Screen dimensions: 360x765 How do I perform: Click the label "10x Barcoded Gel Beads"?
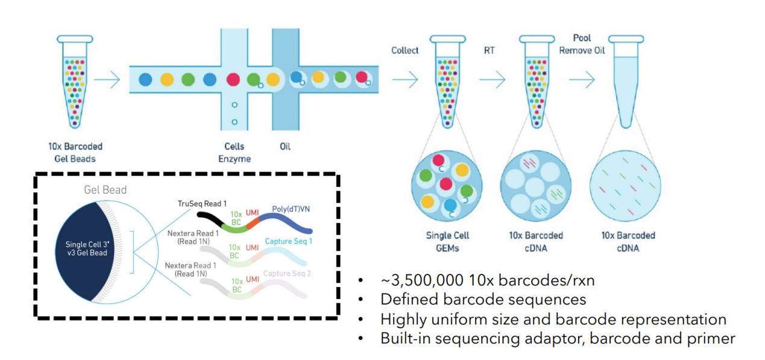(x=75, y=152)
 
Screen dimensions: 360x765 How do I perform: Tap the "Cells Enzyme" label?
(x=235, y=152)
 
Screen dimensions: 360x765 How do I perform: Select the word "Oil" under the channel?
(x=285, y=146)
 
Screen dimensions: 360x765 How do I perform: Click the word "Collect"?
(x=405, y=50)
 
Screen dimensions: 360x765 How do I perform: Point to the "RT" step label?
(x=489, y=50)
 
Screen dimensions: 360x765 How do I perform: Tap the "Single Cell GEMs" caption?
(x=447, y=241)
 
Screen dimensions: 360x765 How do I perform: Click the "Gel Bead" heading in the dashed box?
(x=105, y=190)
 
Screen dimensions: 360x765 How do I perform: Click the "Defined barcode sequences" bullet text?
(x=483, y=300)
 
